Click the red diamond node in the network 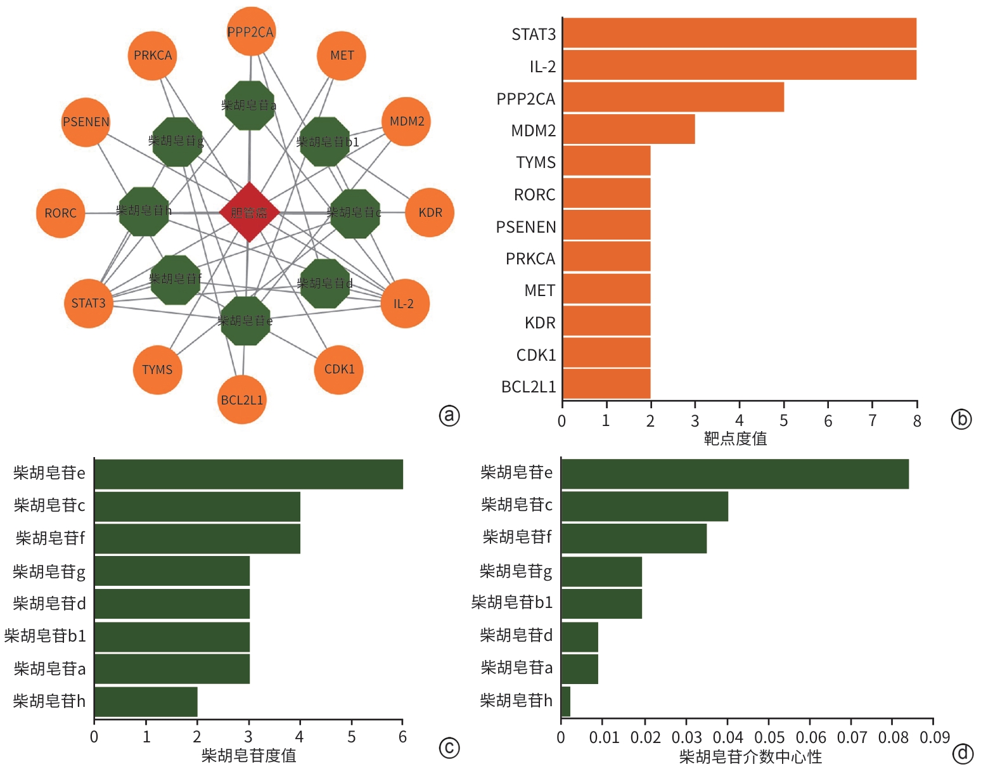249,212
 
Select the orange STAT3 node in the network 89,303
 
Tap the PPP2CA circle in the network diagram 251,32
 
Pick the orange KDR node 430,212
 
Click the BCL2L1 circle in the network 241,399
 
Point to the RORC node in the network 61,213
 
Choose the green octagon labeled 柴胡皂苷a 250,105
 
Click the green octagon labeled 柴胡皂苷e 245,321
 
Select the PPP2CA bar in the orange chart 673,97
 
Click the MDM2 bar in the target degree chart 629,129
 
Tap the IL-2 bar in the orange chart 739,65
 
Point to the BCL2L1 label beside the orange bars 529,387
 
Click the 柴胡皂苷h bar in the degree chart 146,701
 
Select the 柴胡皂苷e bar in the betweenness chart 735,474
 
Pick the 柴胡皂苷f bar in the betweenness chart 634,538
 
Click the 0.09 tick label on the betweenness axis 934,737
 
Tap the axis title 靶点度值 735,438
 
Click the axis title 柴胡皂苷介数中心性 750,756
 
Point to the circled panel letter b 961,418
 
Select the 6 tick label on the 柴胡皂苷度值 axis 402,737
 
